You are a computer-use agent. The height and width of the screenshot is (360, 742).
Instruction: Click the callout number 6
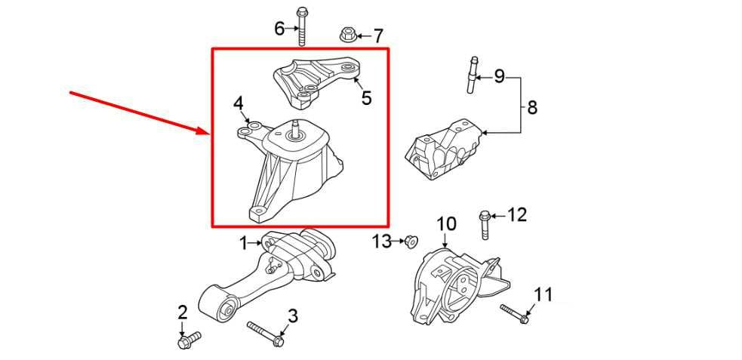[279, 29]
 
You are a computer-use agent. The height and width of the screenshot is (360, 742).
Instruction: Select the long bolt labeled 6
[302, 27]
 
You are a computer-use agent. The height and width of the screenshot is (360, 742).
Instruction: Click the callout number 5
[366, 98]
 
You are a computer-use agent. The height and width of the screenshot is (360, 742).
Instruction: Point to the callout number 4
[238, 102]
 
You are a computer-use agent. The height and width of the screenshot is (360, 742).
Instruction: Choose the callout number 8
[532, 108]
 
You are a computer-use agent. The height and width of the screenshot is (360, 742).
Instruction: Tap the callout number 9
[499, 76]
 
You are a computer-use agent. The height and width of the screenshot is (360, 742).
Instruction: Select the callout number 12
[516, 215]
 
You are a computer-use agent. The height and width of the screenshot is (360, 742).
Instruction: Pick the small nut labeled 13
[411, 242]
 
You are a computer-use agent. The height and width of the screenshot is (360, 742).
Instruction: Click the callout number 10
[446, 224]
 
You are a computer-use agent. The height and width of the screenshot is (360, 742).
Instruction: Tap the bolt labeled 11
[513, 314]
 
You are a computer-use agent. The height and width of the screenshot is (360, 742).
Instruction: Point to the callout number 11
[543, 294]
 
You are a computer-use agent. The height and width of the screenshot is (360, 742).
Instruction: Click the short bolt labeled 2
[186, 342]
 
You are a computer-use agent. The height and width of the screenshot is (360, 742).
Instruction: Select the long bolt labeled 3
[265, 334]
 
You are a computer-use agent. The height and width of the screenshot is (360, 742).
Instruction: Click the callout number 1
[244, 243]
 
